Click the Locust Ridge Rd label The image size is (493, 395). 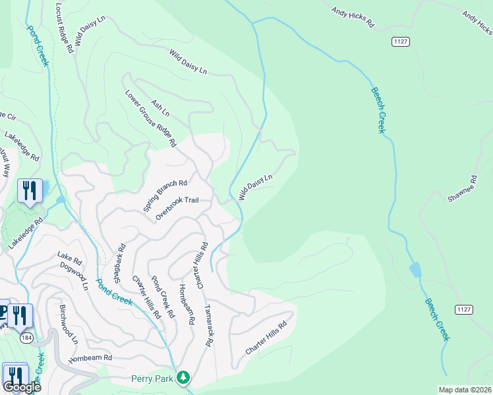(x=66, y=27)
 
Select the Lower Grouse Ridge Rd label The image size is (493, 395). (x=151, y=118)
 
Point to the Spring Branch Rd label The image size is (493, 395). (x=165, y=196)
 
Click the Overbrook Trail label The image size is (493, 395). (x=177, y=209)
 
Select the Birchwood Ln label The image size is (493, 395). (x=69, y=325)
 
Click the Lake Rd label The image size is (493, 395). (x=64, y=255)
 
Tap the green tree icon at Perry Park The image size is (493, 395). (x=184, y=378)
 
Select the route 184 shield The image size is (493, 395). (x=26, y=338)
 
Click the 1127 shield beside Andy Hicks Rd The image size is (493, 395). (x=400, y=41)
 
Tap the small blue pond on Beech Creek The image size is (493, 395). (x=415, y=270)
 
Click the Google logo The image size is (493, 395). (x=22, y=386)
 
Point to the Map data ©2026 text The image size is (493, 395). (x=465, y=390)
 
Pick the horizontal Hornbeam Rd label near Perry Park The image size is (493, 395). (x=90, y=358)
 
